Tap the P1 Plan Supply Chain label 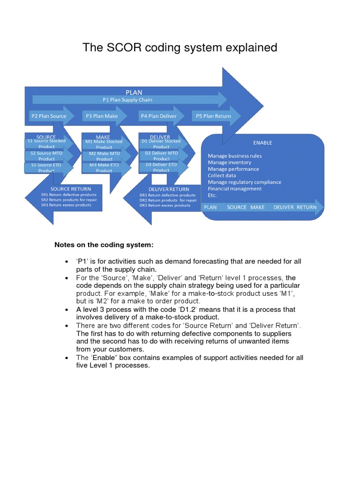coord(127,100)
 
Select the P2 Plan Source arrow coord(48,116)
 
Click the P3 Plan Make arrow coord(101,116)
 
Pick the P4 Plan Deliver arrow coord(157,116)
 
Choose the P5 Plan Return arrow coord(213,116)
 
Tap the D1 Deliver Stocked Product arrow coord(161,143)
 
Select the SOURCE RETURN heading coord(71,189)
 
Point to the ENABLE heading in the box coord(262,143)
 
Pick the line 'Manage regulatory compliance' coord(244,182)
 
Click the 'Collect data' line coord(222,176)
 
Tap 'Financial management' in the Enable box coord(234,189)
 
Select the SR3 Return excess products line coord(66,205)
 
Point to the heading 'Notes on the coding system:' coord(104,245)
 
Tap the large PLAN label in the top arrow coord(134,92)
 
